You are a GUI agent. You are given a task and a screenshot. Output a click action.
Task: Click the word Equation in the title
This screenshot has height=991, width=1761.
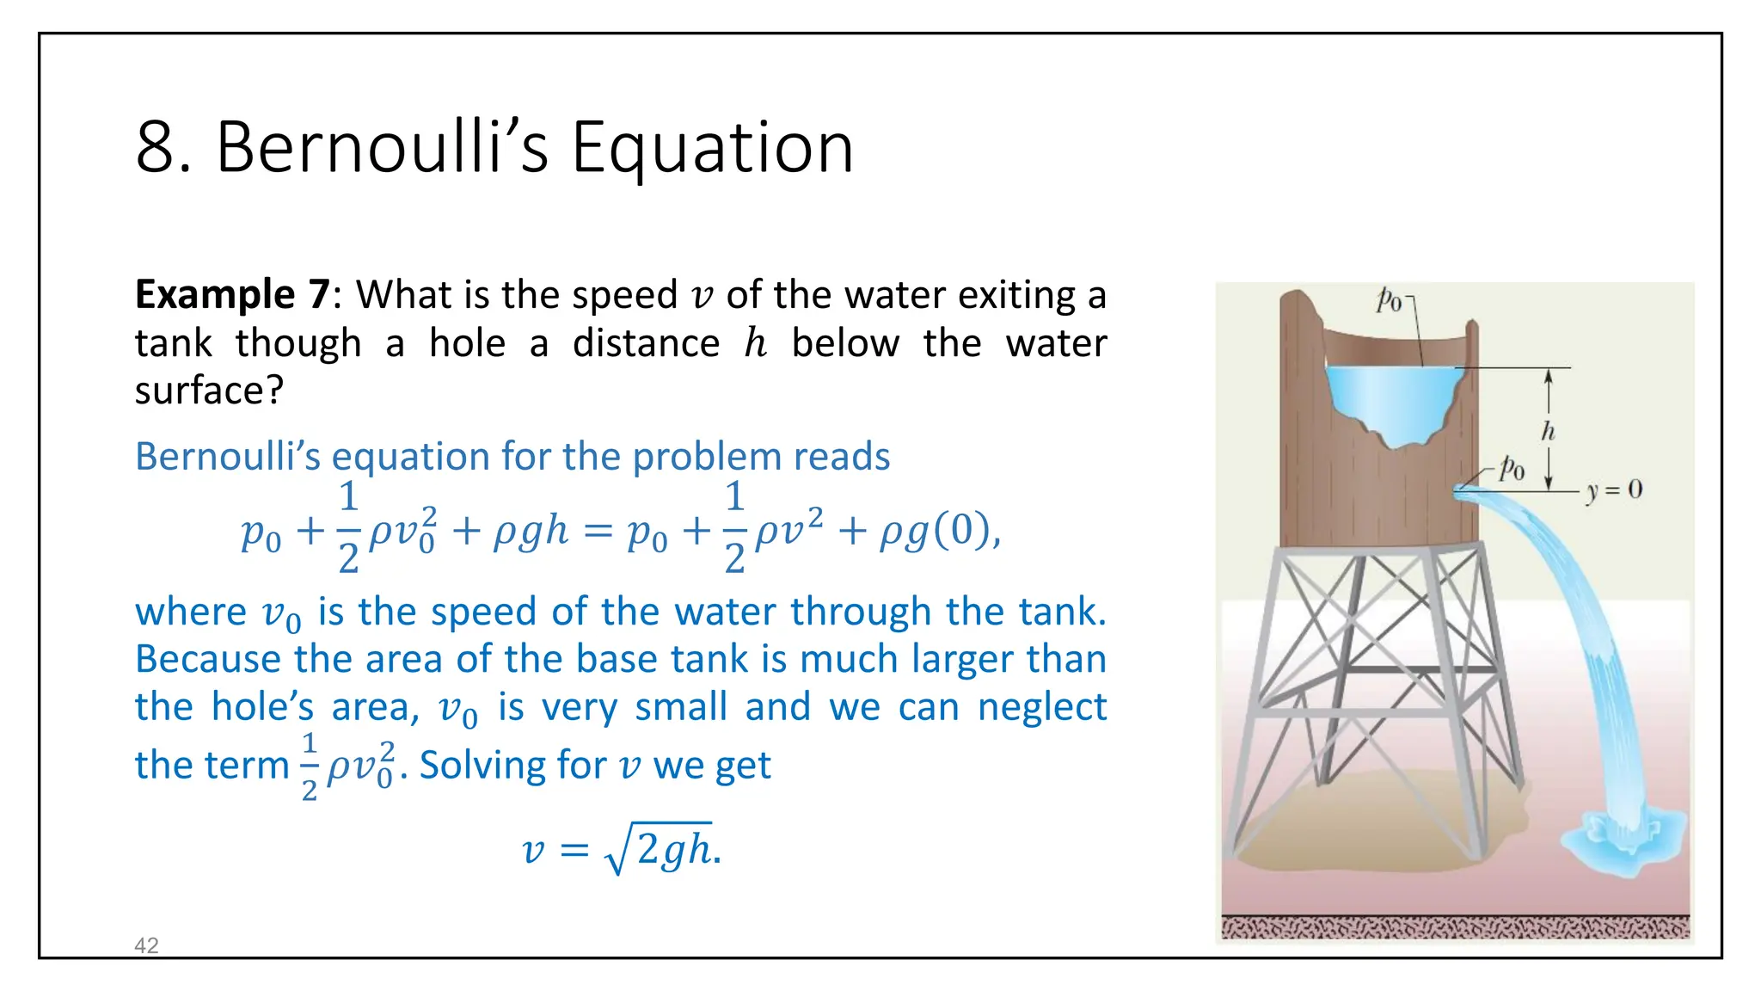[712, 149]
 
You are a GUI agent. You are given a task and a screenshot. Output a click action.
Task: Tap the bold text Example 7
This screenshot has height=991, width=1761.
[231, 295]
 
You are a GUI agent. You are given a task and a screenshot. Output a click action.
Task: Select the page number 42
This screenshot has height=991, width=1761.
[146, 945]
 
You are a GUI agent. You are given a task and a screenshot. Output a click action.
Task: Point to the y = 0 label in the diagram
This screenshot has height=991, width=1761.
[1614, 490]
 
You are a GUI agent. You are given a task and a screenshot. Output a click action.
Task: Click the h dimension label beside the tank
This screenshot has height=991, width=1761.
[1548, 431]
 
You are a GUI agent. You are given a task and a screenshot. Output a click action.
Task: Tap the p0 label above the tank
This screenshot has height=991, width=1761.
[1388, 300]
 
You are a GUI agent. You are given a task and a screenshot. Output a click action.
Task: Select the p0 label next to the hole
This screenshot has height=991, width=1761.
[1512, 469]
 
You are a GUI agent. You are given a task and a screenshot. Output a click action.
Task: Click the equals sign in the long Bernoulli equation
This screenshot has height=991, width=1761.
[598, 531]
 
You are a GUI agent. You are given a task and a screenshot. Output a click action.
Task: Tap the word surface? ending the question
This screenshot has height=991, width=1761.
[209, 391]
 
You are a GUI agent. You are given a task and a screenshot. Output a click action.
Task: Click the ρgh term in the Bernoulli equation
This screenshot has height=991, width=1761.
[531, 531]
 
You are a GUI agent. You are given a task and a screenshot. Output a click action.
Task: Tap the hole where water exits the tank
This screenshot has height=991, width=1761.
[1460, 490]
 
